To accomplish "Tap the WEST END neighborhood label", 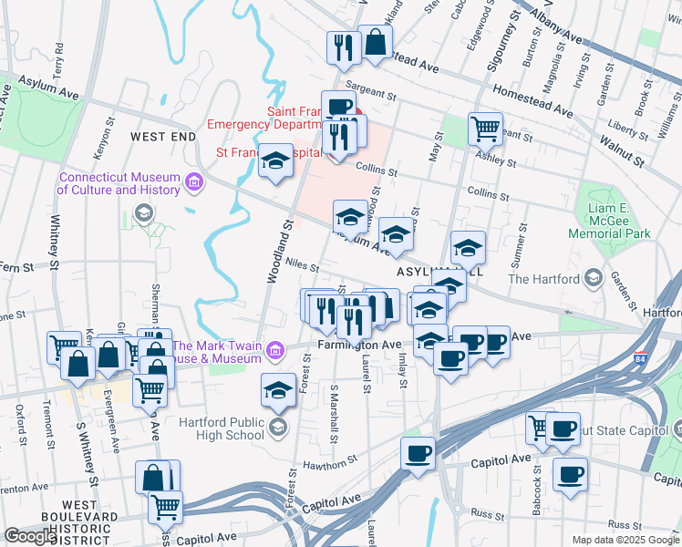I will point(162,136).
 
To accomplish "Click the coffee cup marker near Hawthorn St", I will point(418,454).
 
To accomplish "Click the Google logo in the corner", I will point(29,536).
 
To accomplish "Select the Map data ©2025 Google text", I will point(625,540).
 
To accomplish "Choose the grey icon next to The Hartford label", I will point(594,278).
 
